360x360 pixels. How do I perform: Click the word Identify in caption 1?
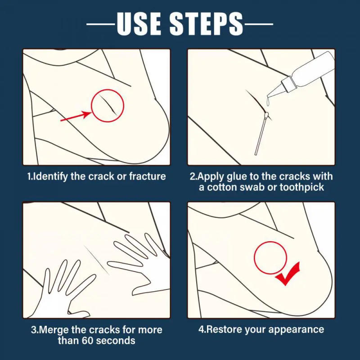[x=52, y=176]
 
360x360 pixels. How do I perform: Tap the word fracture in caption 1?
[x=147, y=176]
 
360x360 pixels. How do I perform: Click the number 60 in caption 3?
[x=88, y=340]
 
